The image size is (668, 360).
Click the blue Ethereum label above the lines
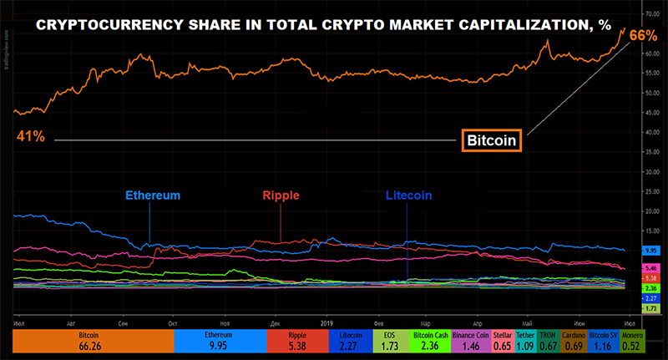coord(153,195)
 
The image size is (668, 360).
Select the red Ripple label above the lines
coord(281,195)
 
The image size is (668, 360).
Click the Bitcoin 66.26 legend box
coord(93,342)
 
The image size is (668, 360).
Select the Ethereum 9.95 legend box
coord(220,342)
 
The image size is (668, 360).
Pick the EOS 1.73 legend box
coord(366,342)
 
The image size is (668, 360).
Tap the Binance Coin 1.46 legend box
coord(472,342)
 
